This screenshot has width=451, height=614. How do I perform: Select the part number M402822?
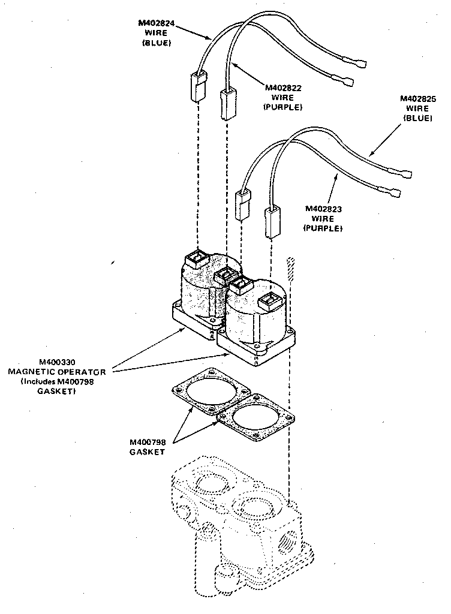click(x=284, y=88)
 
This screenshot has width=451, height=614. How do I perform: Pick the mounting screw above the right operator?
click(x=291, y=266)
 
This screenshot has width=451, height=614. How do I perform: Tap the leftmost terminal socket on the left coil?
click(x=196, y=260)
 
